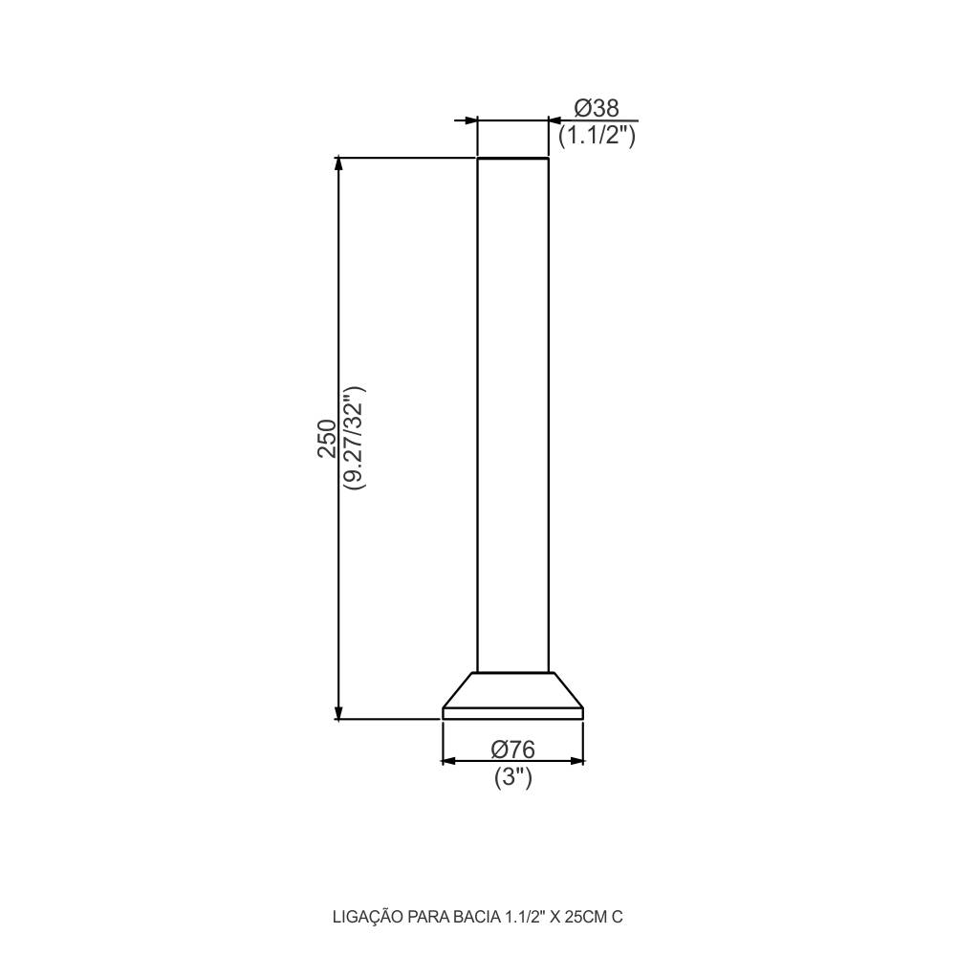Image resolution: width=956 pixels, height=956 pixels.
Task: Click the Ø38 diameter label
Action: tap(596, 108)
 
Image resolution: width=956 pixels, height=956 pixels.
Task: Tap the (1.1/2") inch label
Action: tap(597, 135)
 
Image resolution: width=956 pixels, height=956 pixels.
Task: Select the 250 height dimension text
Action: tap(326, 438)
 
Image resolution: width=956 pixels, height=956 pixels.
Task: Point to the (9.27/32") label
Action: tap(354, 438)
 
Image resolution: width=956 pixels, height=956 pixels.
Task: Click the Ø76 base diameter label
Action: tap(512, 749)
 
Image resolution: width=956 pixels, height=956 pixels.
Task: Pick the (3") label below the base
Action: tap(512, 778)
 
